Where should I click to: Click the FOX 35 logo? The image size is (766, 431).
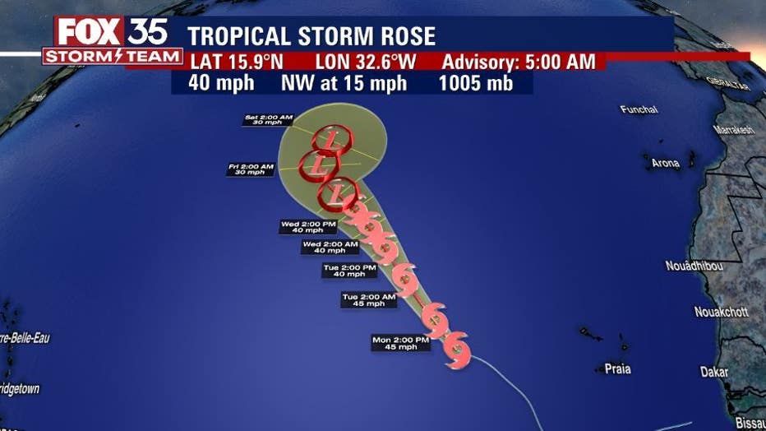(112, 31)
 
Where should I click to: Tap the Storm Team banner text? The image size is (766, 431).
(113, 57)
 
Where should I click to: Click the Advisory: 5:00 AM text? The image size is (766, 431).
(523, 63)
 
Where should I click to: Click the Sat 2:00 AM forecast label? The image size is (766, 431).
(268, 119)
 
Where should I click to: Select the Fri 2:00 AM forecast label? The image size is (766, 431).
(251, 169)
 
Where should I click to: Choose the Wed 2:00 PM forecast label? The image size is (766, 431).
(308, 227)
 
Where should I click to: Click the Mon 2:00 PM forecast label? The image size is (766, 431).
(400, 343)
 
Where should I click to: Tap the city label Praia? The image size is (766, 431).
(617, 369)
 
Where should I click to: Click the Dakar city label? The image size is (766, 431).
(713, 372)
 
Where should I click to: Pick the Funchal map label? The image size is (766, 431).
(639, 109)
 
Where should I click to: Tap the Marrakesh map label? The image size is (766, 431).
(734, 130)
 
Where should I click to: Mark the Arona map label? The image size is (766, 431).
(665, 163)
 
